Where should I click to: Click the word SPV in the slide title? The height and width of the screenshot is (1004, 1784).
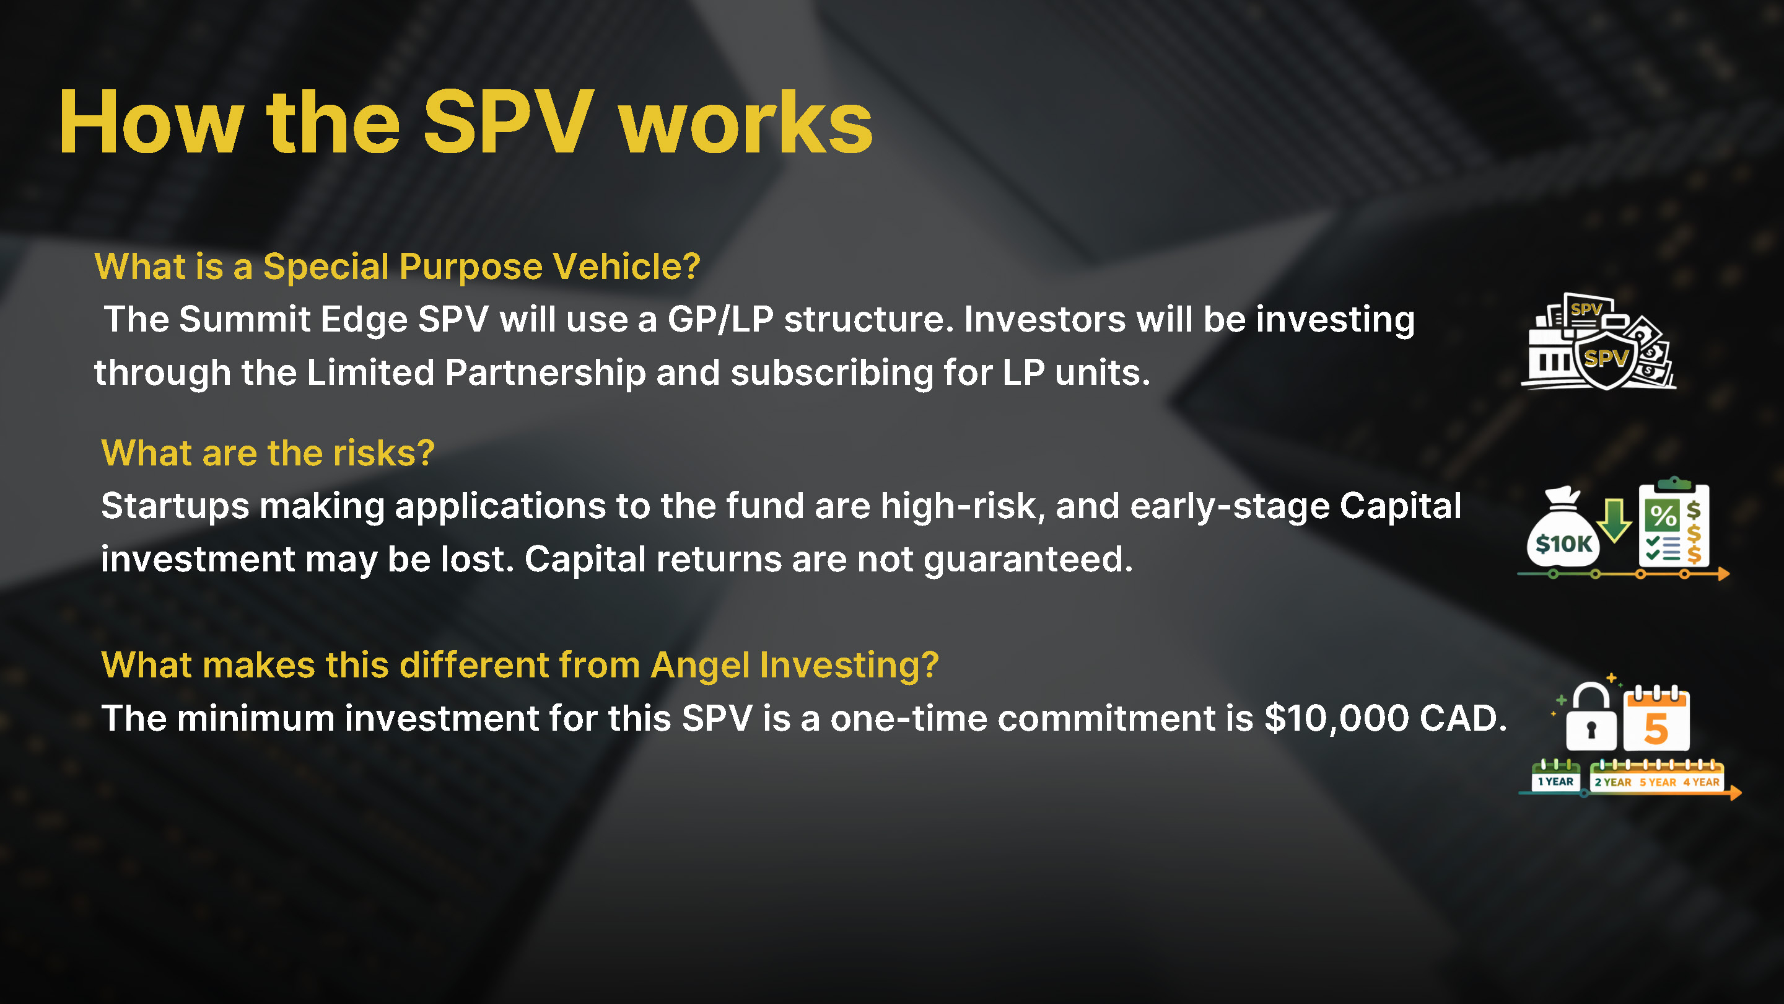click(509, 123)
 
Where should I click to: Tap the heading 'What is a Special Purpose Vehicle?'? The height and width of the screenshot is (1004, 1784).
click(398, 266)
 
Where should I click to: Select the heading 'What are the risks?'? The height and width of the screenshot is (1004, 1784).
click(268, 453)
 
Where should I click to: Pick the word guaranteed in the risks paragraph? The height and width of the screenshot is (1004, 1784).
click(1028, 560)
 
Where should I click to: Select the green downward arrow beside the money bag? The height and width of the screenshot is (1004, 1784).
click(1614, 521)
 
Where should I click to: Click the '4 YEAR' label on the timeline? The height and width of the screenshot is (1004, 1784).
click(1702, 782)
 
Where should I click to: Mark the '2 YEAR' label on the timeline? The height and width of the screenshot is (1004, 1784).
click(1613, 782)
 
